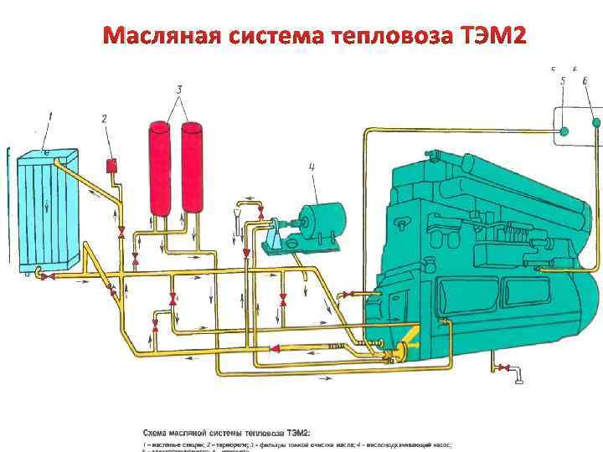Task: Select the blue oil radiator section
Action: [46, 209]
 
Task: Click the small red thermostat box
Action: [110, 165]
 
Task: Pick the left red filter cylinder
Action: [160, 167]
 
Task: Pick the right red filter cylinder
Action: [193, 167]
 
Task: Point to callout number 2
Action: [104, 120]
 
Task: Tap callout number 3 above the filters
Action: [178, 89]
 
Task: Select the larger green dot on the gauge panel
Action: [564, 131]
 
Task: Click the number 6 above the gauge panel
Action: [584, 80]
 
